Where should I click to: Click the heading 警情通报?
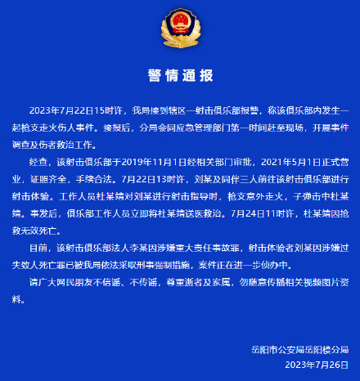pos(180,76)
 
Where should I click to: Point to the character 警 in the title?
pos(155,76)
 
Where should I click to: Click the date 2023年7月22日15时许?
pos(81,110)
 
